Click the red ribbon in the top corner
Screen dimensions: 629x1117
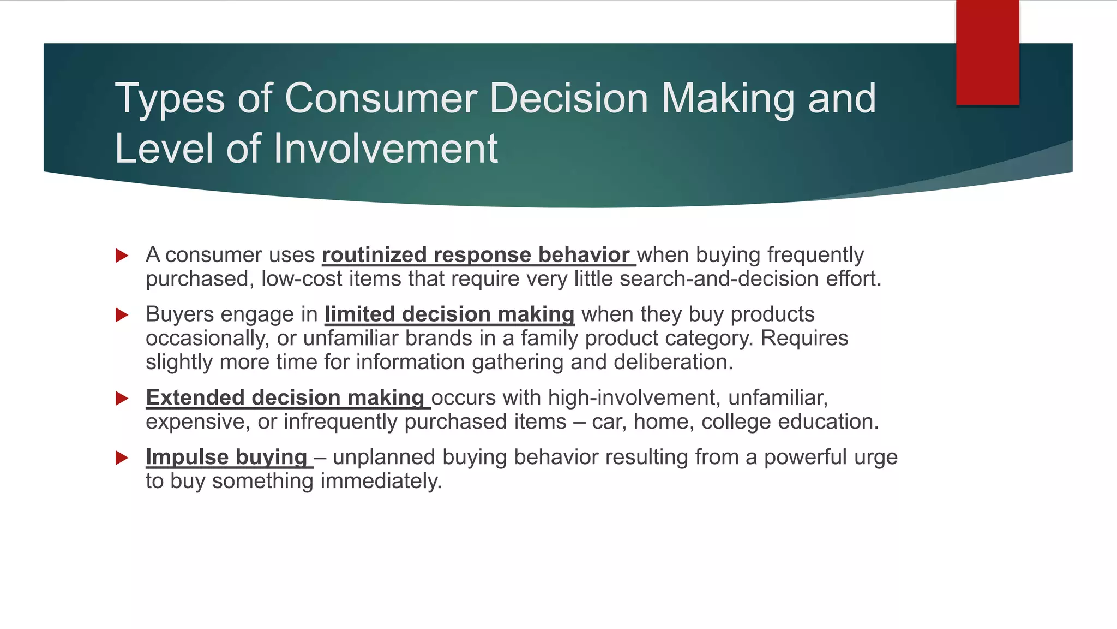[x=987, y=52]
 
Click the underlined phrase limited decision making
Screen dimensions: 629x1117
[x=449, y=314]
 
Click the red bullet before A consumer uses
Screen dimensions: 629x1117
[x=122, y=256]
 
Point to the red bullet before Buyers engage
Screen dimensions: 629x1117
[x=122, y=315]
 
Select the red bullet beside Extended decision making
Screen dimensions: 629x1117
[x=122, y=398]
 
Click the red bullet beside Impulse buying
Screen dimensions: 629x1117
[x=122, y=458]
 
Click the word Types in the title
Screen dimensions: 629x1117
[x=170, y=99]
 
